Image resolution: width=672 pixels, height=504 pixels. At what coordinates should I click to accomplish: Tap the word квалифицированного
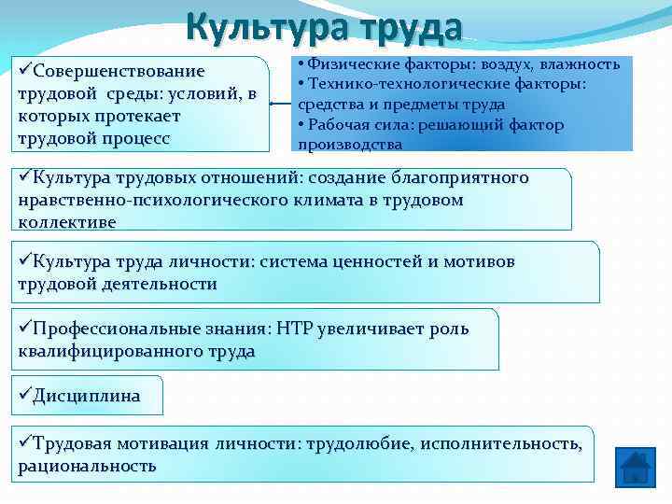[x=103, y=351]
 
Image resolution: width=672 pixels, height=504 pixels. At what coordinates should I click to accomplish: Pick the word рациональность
[x=87, y=465]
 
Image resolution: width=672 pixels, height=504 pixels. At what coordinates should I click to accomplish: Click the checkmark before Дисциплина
[x=24, y=395]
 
